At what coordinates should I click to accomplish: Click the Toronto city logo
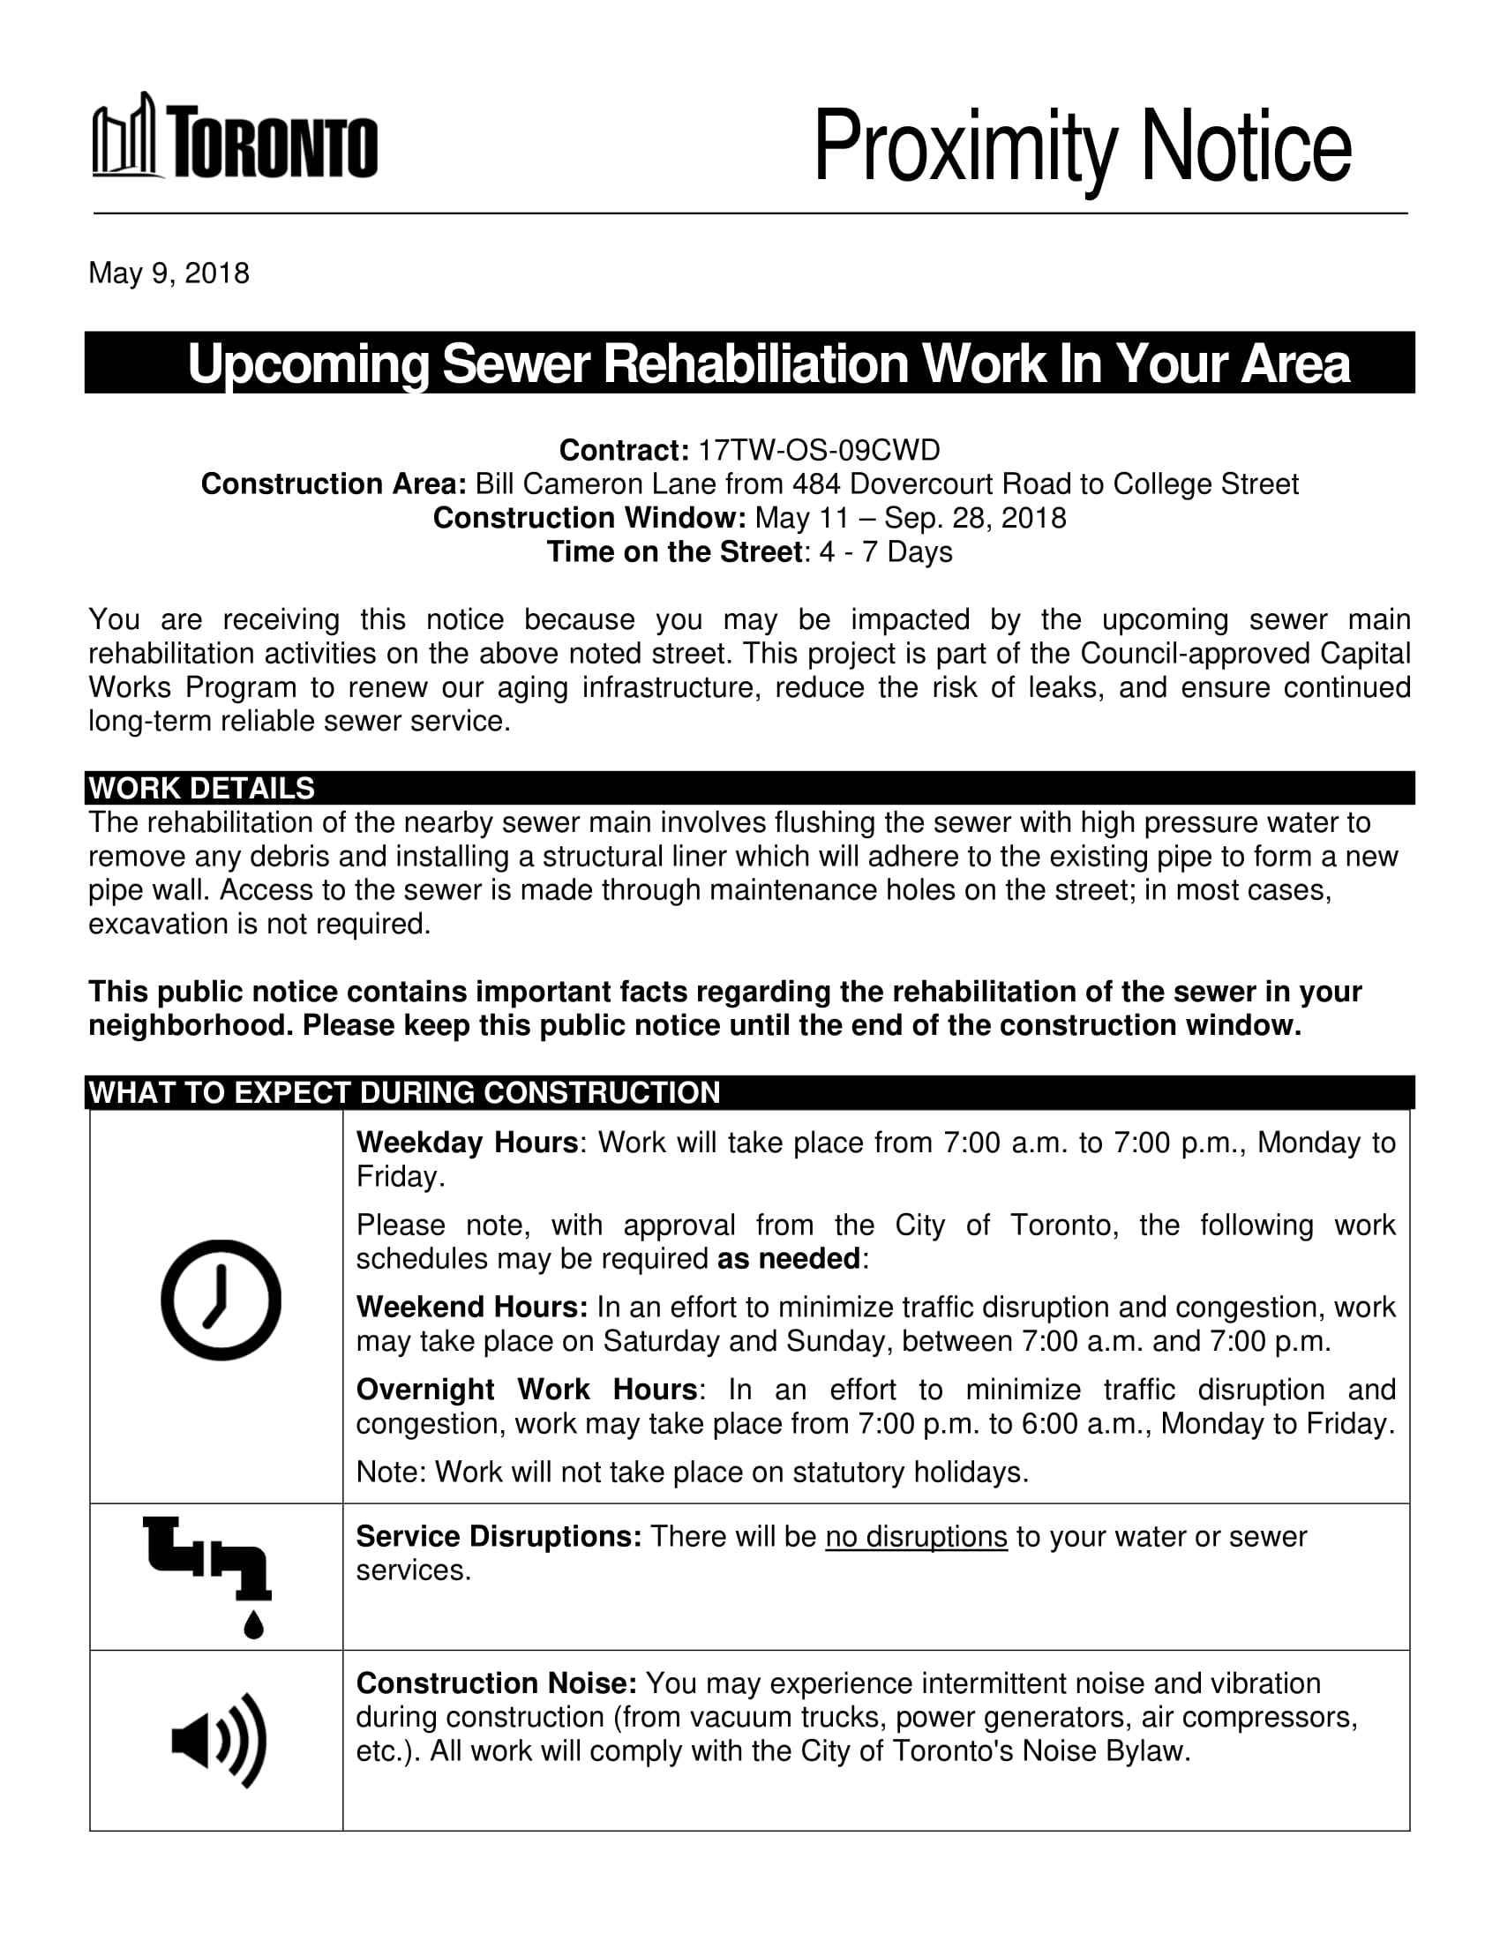coord(235,137)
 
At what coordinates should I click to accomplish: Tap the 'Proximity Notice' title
coord(1082,146)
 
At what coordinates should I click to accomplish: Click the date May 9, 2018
coord(169,273)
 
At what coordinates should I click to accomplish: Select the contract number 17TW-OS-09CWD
coord(818,451)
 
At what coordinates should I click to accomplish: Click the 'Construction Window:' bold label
coord(589,518)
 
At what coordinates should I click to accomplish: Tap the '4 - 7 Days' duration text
coord(885,552)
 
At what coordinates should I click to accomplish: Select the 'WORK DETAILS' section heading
coord(202,788)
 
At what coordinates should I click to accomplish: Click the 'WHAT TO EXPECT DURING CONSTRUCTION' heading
coord(404,1092)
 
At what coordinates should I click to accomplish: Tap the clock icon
coord(221,1300)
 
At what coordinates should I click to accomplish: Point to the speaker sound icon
coord(219,1740)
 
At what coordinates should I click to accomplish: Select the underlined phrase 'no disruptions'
coord(915,1537)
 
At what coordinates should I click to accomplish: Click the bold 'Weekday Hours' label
coord(467,1142)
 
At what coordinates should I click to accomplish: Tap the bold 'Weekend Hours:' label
coord(472,1308)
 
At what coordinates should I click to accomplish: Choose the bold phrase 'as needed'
coord(788,1259)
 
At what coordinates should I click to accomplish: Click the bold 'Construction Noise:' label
coord(496,1683)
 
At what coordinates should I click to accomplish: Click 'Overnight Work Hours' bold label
coord(527,1389)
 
